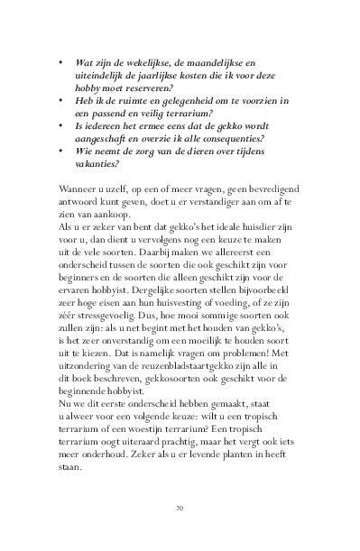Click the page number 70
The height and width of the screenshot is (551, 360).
click(180, 522)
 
